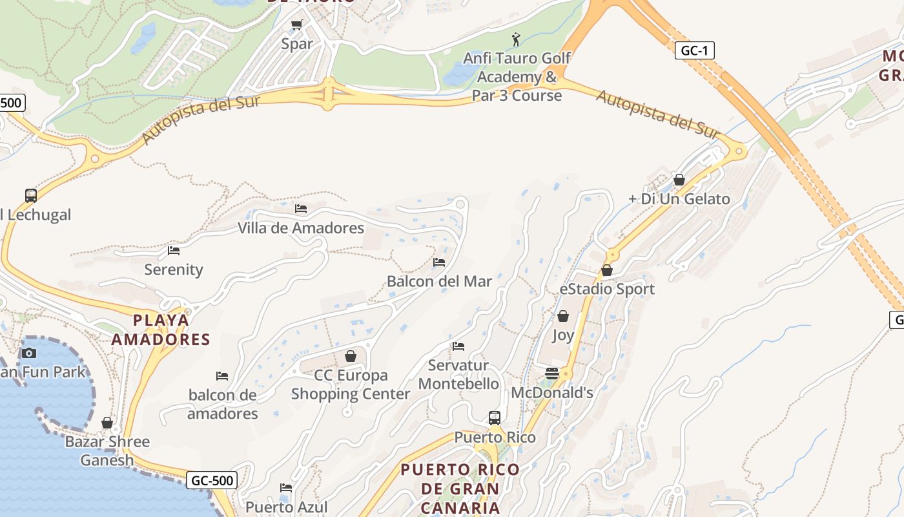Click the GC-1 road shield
pos(695,50)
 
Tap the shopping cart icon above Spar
pos(296,25)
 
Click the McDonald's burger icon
pos(551,373)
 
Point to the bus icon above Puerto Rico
pos(495,418)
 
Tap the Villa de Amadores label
pos(301,228)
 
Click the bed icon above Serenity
pos(174,250)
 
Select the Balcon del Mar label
pos(439,281)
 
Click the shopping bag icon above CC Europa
pos(351,356)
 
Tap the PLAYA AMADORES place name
pos(161,330)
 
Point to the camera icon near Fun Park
pos(28,353)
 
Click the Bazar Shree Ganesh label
pos(107,451)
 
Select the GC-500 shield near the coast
pos(212,480)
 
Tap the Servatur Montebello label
pos(458,374)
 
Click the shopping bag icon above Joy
pos(563,316)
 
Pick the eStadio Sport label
pos(607,289)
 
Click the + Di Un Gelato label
pos(679,199)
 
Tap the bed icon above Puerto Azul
pos(286,488)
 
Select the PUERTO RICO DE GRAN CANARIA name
pos(460,488)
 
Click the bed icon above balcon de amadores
pos(222,375)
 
